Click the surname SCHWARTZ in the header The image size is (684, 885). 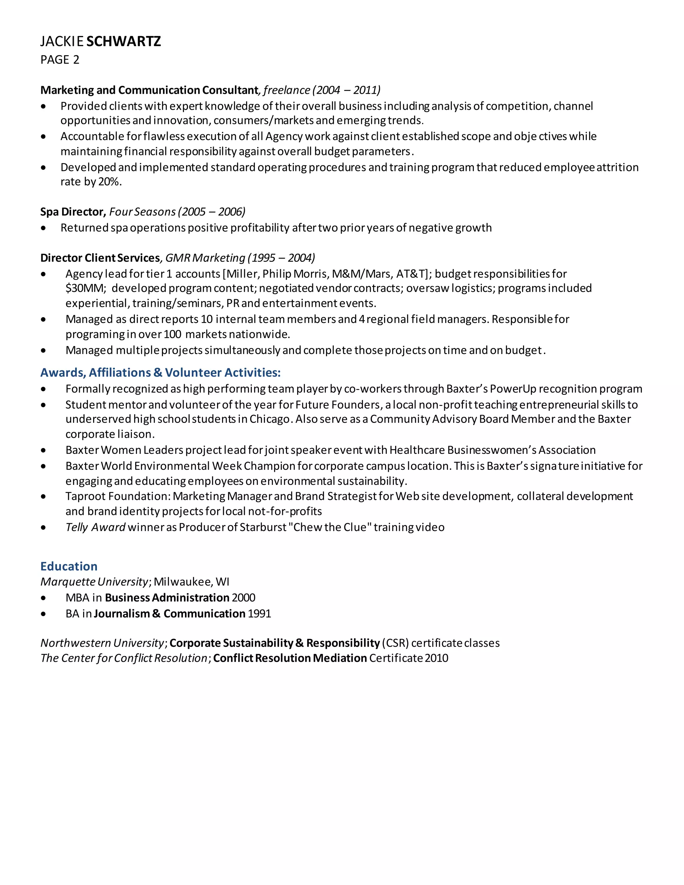click(x=124, y=41)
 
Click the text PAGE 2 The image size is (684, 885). click(x=60, y=60)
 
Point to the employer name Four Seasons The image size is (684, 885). click(x=142, y=212)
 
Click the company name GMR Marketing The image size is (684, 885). click(x=205, y=258)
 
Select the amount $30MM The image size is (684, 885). click(x=85, y=289)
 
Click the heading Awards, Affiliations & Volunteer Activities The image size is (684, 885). click(x=160, y=373)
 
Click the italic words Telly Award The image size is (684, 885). click(x=96, y=528)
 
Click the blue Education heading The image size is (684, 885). click(x=69, y=566)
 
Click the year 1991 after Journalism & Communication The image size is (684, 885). click(x=259, y=614)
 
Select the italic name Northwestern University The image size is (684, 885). click(x=102, y=643)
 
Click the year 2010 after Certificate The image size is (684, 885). click(x=437, y=658)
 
